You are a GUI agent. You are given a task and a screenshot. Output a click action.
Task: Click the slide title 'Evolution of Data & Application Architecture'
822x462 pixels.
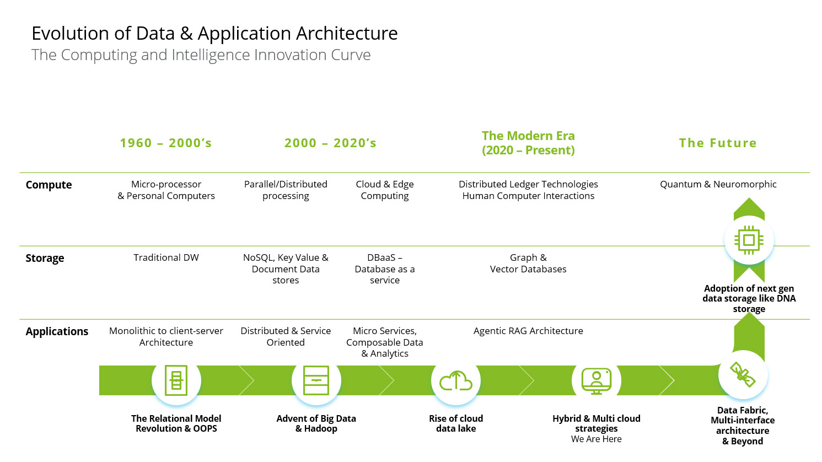point(214,34)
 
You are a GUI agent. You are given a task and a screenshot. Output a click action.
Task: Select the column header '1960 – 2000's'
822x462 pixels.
point(166,143)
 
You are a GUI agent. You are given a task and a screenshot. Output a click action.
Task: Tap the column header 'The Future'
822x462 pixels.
point(718,143)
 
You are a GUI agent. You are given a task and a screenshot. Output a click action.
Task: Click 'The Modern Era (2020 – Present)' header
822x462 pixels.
point(528,143)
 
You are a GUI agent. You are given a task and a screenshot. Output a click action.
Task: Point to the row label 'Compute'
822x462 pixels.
point(49,185)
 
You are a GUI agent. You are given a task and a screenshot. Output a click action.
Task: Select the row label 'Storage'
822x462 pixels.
point(45,259)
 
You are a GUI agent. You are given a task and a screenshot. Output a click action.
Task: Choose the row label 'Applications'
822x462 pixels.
point(57,332)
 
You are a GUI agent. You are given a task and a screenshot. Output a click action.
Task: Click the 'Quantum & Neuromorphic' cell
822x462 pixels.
point(718,185)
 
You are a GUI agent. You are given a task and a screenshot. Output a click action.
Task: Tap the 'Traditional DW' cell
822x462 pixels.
point(166,258)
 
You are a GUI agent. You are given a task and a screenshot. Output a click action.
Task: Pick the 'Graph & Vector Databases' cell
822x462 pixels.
point(528,264)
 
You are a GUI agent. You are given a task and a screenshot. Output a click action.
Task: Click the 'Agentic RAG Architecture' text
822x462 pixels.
point(528,331)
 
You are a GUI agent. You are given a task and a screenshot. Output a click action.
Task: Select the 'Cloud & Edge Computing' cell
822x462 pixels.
point(385,190)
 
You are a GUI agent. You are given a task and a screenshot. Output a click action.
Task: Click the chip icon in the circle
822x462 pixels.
point(749,240)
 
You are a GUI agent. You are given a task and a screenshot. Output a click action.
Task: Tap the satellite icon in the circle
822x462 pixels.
point(743,375)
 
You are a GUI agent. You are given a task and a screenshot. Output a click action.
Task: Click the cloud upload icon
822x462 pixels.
point(456,380)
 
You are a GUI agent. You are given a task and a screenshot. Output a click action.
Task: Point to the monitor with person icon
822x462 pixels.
point(597,380)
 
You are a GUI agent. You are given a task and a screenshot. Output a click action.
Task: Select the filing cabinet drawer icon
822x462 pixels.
point(316,380)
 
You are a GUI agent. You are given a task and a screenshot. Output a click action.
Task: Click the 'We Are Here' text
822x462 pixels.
point(597,439)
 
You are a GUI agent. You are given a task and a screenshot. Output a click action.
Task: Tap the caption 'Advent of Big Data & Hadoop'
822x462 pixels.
point(316,423)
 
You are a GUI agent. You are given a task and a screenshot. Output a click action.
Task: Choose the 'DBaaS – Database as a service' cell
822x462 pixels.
point(385,269)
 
